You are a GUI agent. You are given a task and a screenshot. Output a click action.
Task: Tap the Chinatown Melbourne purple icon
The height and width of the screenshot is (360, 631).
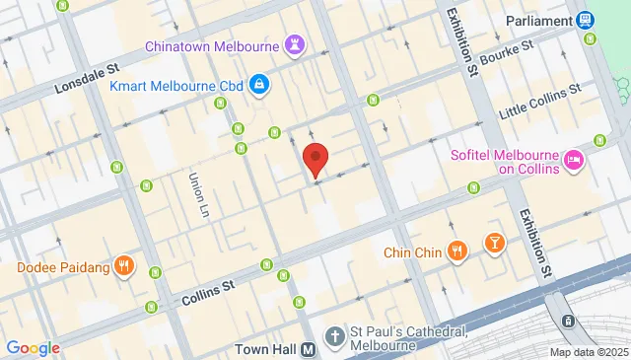click(x=293, y=44)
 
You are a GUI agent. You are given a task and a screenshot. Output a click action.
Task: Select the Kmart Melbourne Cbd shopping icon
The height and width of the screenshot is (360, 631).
click(x=257, y=86)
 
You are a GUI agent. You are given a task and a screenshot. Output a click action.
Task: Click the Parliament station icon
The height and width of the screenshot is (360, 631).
click(x=586, y=20)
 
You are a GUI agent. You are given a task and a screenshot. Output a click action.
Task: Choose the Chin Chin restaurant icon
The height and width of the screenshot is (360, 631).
click(x=456, y=252)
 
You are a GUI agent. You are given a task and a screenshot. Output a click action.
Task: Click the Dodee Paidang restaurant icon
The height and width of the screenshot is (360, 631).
click(x=123, y=265)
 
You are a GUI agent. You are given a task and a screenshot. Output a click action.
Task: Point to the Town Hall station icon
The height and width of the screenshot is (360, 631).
click(x=309, y=349)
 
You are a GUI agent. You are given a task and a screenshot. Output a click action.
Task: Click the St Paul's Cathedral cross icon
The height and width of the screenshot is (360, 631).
click(x=335, y=335)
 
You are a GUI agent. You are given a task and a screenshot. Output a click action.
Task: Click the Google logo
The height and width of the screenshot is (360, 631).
click(x=33, y=347)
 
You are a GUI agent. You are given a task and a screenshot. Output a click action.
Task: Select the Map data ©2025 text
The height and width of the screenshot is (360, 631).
click(x=589, y=352)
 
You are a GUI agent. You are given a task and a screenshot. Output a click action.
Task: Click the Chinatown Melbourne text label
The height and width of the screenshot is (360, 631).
click(x=210, y=45)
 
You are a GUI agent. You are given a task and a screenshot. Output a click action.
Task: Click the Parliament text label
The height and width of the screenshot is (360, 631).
click(x=538, y=20)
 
